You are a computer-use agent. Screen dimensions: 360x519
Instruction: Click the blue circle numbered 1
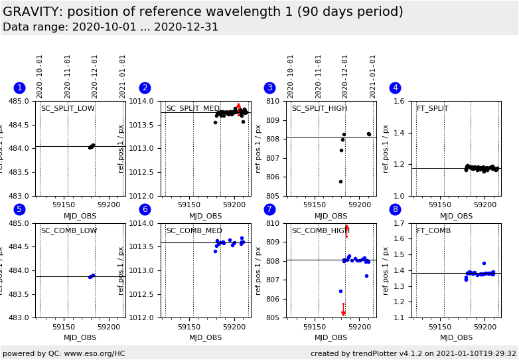[19, 88]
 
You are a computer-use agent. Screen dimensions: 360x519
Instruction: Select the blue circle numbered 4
[395, 88]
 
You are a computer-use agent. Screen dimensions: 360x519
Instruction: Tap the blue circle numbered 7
[269, 210]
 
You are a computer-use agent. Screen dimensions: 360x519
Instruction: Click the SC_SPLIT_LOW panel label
[68, 109]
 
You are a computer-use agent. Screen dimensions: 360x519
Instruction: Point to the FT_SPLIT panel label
[432, 109]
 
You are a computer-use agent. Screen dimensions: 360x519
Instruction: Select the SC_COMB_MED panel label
[194, 231]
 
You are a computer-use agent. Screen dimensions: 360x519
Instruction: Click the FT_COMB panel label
[433, 231]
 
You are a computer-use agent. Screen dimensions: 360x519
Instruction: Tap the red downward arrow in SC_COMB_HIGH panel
[343, 312]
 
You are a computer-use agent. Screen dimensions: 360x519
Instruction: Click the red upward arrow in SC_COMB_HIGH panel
[346, 228]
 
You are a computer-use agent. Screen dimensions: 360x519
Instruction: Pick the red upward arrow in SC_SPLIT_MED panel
[238, 106]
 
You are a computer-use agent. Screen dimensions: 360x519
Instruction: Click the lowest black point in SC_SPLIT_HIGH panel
[340, 181]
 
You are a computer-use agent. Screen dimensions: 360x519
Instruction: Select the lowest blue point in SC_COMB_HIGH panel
[340, 291]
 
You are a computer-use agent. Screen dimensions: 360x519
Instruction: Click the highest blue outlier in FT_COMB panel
[484, 264]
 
